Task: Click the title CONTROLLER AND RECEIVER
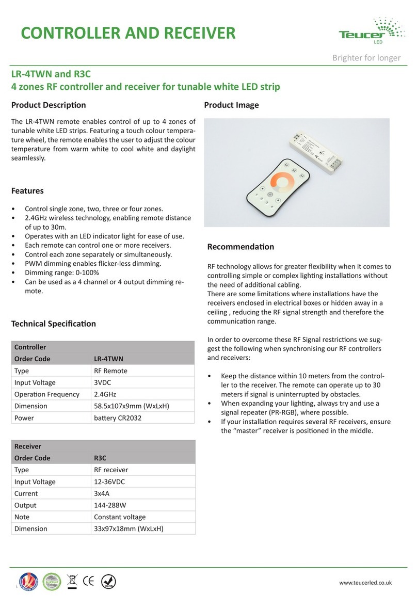click(128, 34)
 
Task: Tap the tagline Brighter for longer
click(366, 58)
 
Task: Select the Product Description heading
click(49, 105)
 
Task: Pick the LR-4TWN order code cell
click(108, 359)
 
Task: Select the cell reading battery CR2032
click(117, 418)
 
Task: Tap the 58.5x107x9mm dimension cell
click(131, 406)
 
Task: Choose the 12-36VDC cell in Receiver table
click(109, 482)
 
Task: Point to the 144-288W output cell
click(110, 505)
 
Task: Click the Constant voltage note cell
click(120, 517)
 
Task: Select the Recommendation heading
click(240, 247)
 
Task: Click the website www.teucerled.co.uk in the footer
click(365, 583)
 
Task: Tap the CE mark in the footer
click(88, 582)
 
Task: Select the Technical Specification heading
click(54, 324)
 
